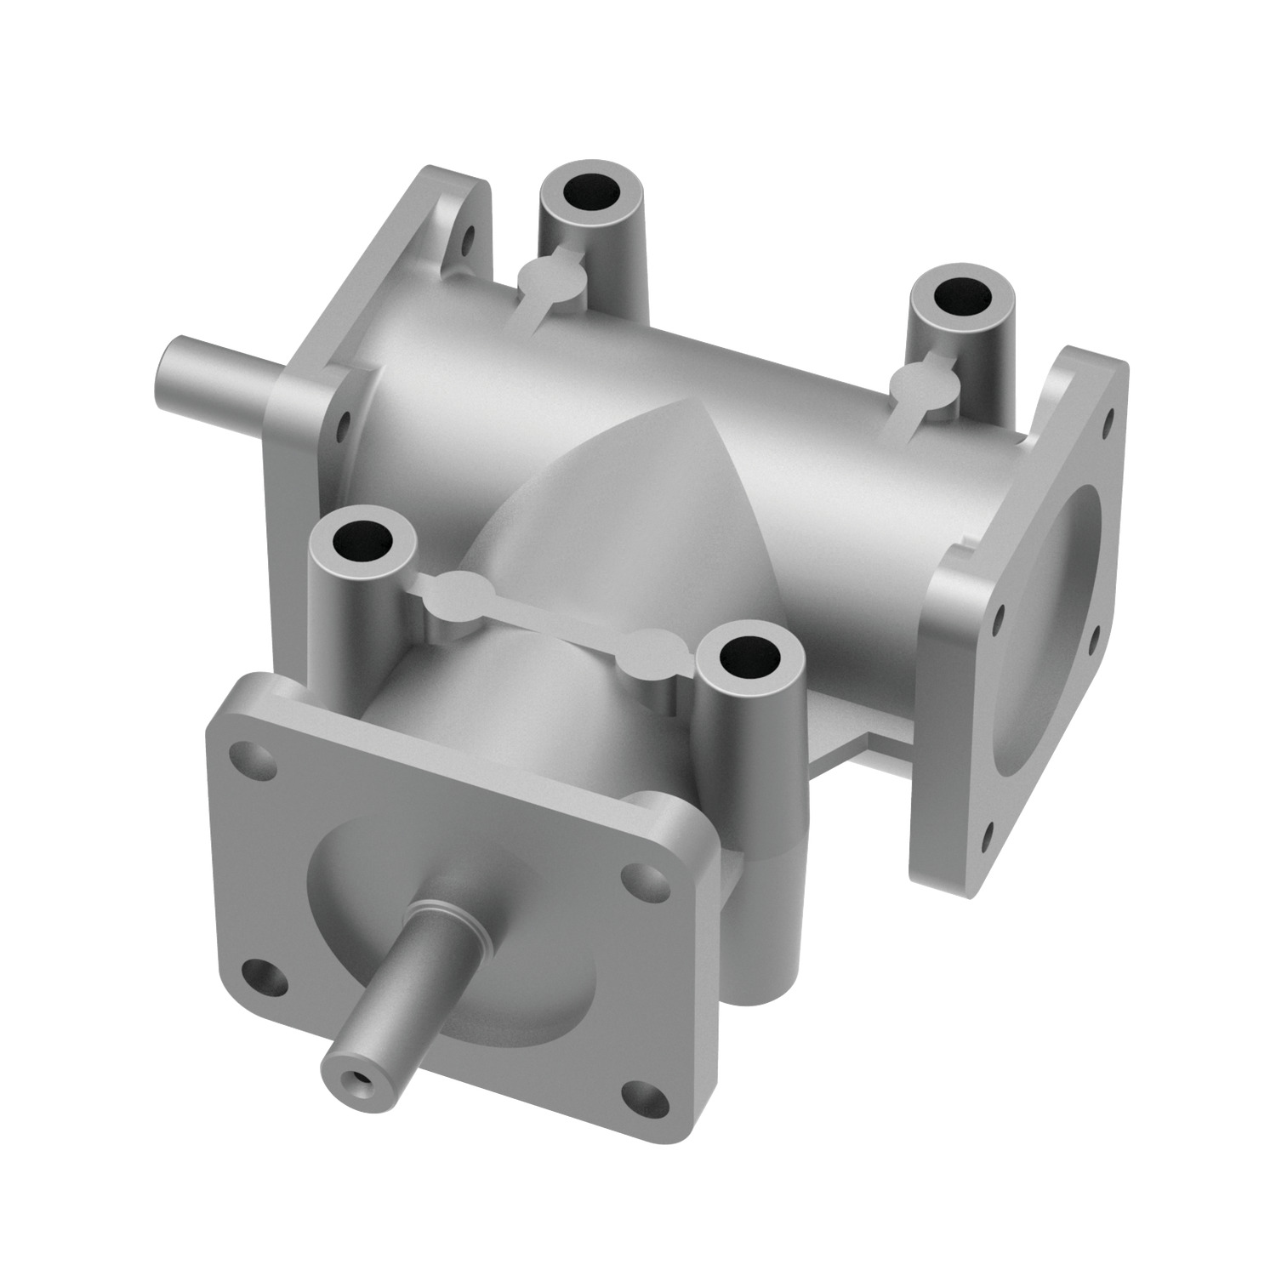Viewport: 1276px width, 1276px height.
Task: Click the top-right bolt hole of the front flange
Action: (635, 880)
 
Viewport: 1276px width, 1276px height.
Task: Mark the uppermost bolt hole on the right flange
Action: (1109, 418)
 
